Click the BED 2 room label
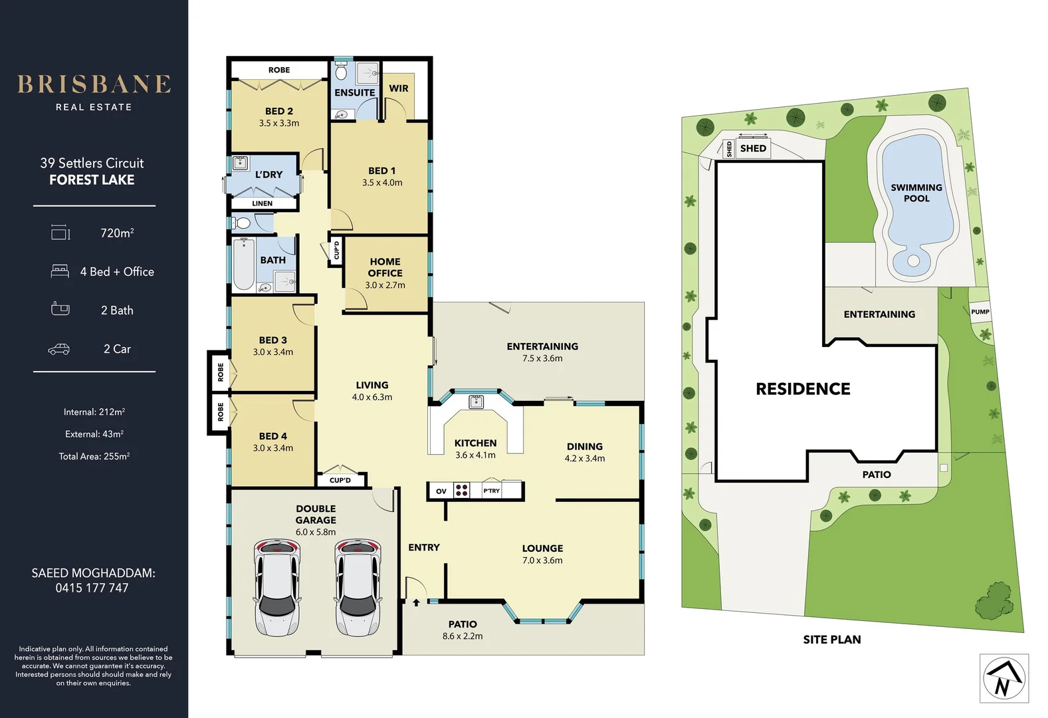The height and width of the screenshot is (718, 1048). [278, 111]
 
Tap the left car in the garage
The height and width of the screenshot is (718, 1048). [276, 587]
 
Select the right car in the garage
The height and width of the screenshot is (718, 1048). [358, 587]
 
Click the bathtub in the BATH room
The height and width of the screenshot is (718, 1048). [243, 265]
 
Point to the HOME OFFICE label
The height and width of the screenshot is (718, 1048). [385, 267]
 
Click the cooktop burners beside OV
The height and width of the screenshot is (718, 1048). [462, 491]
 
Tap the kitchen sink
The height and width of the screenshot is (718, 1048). [476, 402]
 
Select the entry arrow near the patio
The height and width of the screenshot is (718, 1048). [416, 602]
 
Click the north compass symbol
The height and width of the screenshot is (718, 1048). [1003, 679]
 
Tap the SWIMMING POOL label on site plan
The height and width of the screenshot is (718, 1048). [916, 193]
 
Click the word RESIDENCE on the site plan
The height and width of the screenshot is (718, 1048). [803, 389]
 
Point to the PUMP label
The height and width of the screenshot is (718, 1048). [980, 311]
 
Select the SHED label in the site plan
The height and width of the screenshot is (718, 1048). [753, 148]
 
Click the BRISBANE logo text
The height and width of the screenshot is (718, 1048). [94, 84]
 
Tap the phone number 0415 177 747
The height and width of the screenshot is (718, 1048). [92, 588]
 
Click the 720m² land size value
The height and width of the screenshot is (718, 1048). [117, 233]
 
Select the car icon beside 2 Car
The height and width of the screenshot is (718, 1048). [59, 349]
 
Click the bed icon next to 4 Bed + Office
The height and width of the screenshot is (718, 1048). [60, 271]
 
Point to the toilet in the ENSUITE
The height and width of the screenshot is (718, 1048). [341, 71]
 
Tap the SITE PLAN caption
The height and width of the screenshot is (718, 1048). [831, 640]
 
